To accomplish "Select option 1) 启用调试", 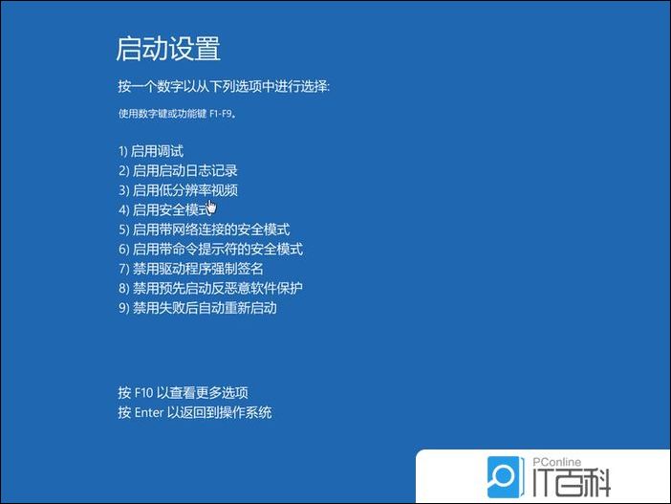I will tap(151, 151).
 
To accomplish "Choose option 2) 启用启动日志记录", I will tap(178, 170).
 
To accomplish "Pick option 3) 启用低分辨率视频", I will tap(178, 190).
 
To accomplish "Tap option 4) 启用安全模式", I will tap(163, 209).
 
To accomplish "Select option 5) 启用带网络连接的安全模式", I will tap(204, 230).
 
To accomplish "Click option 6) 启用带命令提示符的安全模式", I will tap(210, 249).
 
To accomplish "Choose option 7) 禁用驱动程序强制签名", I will tap(190, 269).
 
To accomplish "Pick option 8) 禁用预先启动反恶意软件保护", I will tap(217, 288).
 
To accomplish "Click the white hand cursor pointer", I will tap(210, 207).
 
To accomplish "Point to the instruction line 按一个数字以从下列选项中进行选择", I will tap(224, 87).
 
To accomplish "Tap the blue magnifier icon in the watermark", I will tap(503, 475).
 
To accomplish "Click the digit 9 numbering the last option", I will tap(121, 308).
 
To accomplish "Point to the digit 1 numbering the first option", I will tap(121, 151).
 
